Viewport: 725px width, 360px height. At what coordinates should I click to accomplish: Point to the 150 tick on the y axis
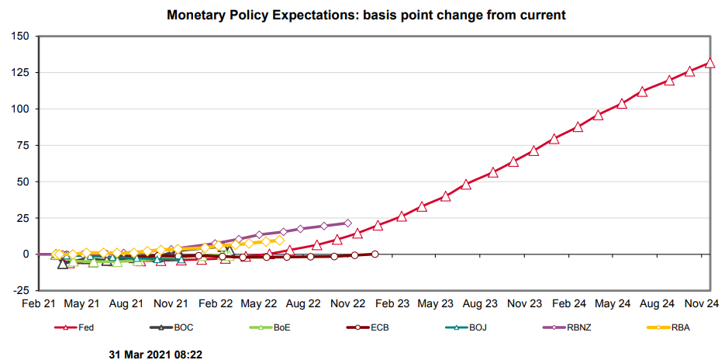click(x=20, y=36)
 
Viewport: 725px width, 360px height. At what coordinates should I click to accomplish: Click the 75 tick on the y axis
click(x=22, y=145)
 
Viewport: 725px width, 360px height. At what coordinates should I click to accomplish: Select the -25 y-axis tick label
click(x=21, y=291)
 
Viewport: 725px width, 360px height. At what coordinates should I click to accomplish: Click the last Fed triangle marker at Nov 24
click(x=709, y=64)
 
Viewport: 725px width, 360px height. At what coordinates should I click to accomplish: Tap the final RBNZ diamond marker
click(x=347, y=223)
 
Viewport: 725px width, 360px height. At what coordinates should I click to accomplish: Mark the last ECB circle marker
click(x=375, y=254)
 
